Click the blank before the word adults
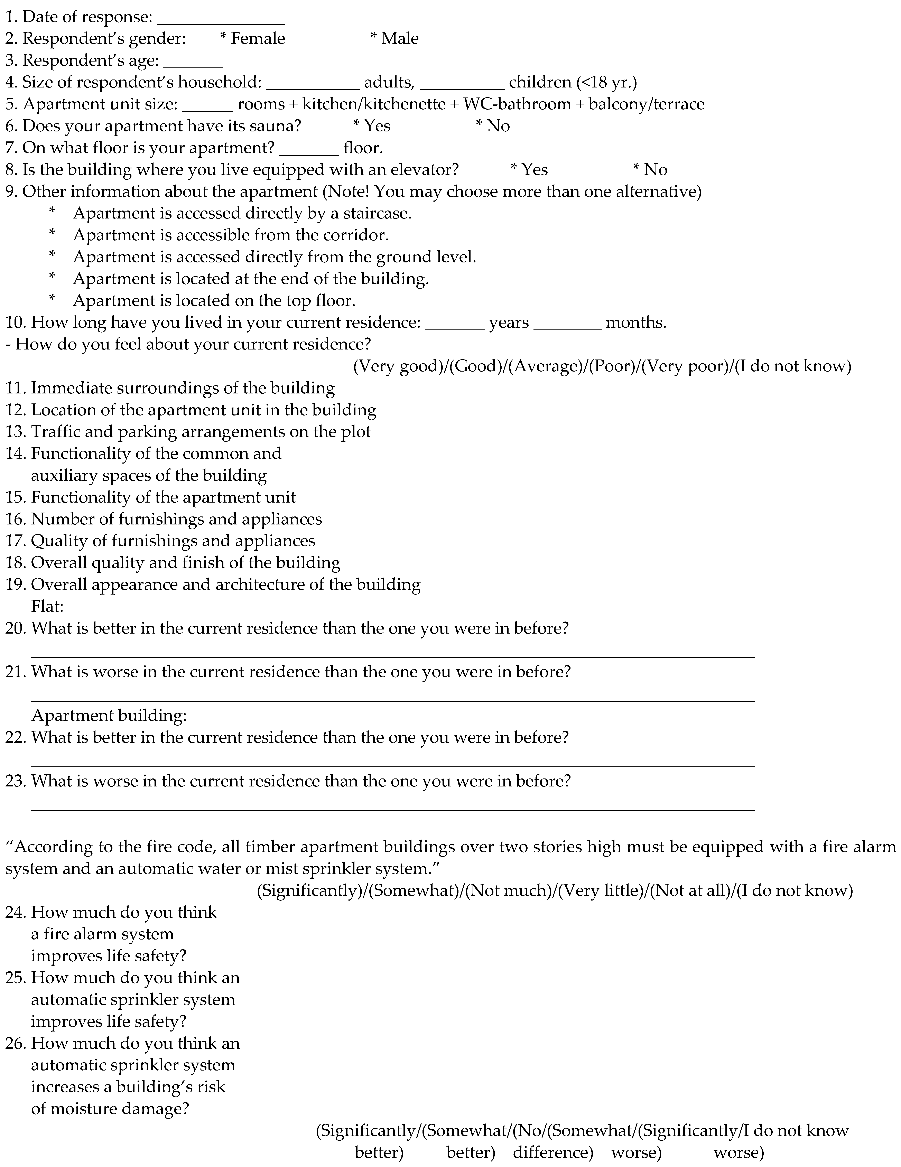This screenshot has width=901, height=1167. click(x=313, y=87)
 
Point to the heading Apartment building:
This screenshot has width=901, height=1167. click(x=109, y=716)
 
